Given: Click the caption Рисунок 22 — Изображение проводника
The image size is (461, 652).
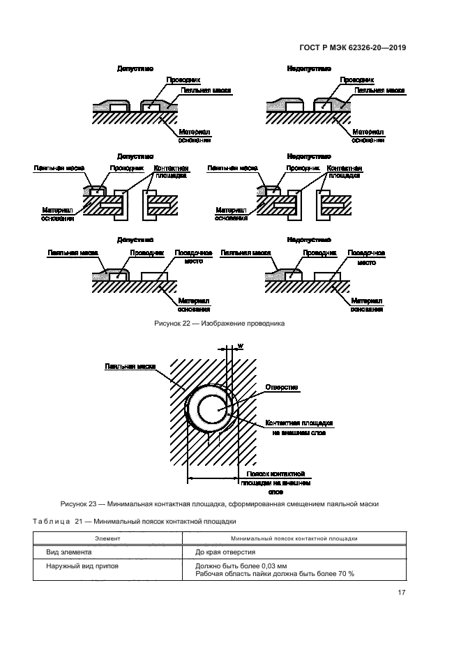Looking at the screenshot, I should (x=218, y=324).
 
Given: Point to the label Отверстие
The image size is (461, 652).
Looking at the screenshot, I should (x=282, y=386).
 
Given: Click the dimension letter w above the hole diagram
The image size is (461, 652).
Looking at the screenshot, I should (x=240, y=345).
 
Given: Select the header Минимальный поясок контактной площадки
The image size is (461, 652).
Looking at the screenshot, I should (x=294, y=538).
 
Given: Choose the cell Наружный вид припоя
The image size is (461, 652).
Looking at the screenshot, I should (x=82, y=566).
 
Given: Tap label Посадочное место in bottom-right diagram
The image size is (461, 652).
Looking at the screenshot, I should (x=367, y=257).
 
